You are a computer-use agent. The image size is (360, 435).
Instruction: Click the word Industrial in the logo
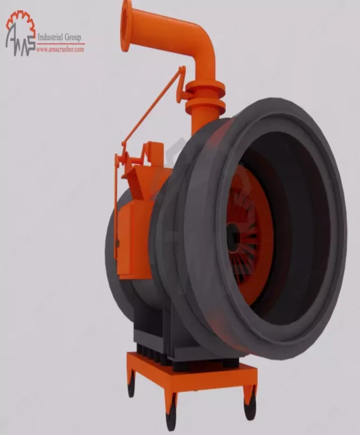52,38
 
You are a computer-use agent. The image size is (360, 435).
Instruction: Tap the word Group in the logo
74,38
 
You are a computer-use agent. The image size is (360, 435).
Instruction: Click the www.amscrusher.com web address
60,49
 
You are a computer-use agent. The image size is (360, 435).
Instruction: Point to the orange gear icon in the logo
20,20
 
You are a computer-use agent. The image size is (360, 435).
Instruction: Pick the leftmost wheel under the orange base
131,387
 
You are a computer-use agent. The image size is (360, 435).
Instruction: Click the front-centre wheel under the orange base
171,417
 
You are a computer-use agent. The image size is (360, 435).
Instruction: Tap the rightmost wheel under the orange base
250,407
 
